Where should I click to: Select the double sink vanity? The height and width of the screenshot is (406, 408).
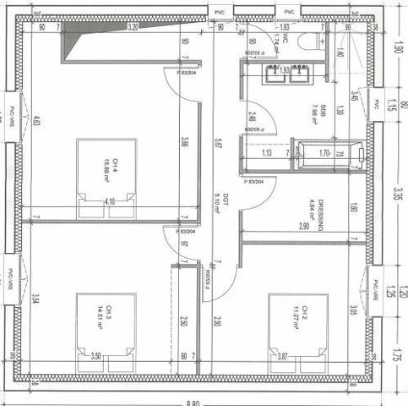coord(286,74)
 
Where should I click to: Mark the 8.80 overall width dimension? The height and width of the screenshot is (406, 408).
coord(196,400)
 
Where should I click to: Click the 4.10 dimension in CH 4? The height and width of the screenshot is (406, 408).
coord(110,202)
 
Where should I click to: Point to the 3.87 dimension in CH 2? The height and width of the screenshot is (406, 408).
coord(282,357)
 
